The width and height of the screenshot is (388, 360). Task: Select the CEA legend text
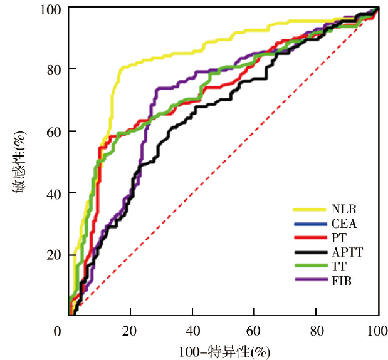coord(344,223)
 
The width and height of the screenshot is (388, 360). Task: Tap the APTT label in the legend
coord(348,252)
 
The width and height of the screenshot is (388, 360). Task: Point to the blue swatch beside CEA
coord(310,223)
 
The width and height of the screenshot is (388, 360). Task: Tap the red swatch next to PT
coord(310,238)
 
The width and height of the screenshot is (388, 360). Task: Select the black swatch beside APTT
coord(310,252)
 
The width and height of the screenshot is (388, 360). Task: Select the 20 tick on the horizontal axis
coord(130,331)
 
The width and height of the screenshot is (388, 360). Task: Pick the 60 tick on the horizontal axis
coord(254,331)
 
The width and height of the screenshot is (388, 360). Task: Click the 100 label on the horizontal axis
coord(376,331)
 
